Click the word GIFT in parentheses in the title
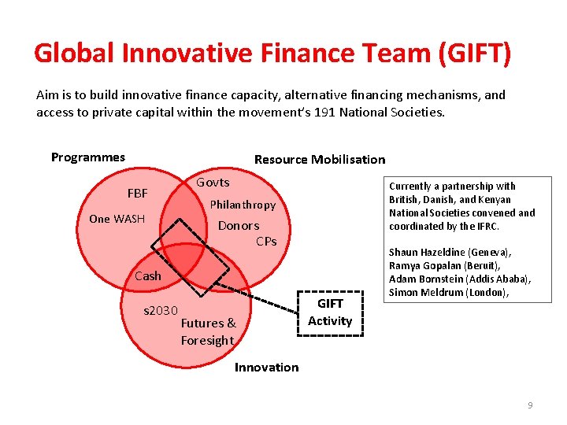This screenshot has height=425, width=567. pos(474,54)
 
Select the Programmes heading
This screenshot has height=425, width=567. pos(88,157)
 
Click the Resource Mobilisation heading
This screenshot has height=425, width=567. pos(320,159)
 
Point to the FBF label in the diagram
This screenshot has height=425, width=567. pos(138,193)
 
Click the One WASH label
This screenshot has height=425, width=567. pos(117,219)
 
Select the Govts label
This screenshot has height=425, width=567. pos(213,183)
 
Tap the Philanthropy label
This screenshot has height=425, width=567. pos(243,205)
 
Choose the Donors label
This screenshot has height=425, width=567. pos(239,226)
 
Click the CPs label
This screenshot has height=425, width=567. pos(266,241)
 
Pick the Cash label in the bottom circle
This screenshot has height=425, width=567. pos(147,276)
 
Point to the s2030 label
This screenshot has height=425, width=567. pos(161,311)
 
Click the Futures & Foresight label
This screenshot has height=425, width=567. pos(208,331)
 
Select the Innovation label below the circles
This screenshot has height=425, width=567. pos(267,368)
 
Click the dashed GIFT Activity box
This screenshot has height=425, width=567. pos(330,312)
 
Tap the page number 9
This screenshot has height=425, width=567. pos(530,405)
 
